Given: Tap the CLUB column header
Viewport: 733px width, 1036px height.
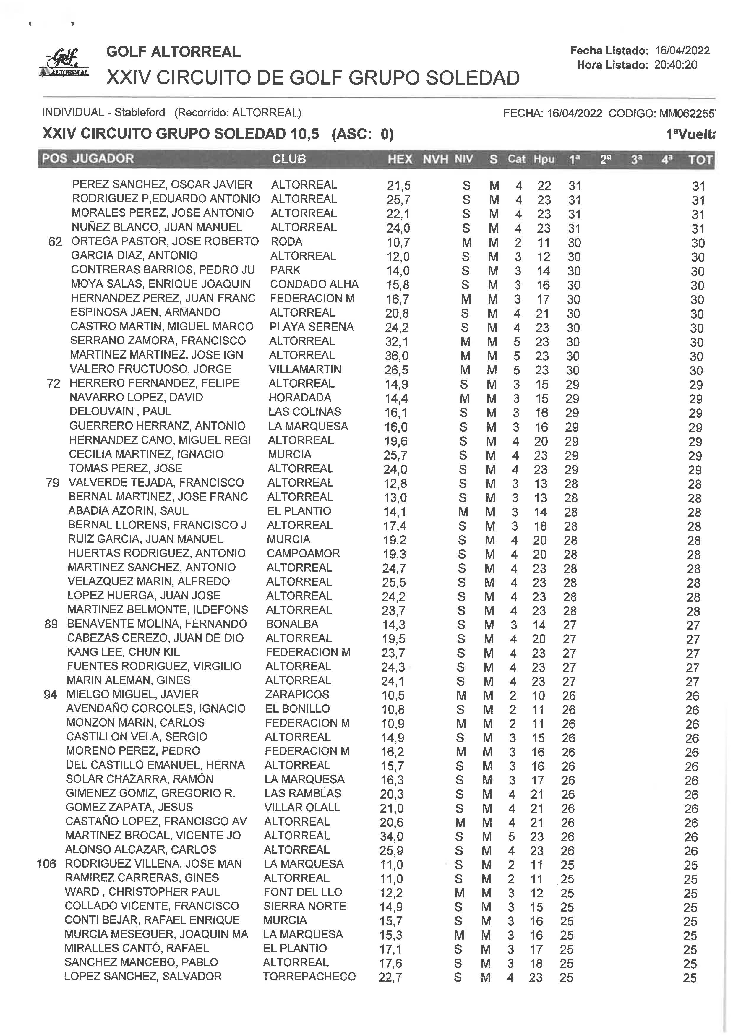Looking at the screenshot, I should (289, 159).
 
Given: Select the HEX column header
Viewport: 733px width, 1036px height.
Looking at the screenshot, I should (399, 159).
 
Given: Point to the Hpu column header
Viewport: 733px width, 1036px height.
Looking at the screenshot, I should (544, 159).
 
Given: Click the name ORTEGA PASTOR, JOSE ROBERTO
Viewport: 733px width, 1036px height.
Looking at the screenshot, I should (165, 241).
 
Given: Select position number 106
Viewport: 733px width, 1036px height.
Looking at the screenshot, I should (46, 864).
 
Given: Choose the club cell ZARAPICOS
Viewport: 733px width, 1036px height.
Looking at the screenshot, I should (297, 694).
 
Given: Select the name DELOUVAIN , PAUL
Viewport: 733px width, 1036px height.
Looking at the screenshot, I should (120, 412).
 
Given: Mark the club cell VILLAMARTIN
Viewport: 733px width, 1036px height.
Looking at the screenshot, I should (305, 369).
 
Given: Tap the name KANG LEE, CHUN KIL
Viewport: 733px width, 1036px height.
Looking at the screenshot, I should (123, 652).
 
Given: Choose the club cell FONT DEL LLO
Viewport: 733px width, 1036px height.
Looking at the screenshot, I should (303, 892).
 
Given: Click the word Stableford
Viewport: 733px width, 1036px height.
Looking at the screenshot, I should (140, 112).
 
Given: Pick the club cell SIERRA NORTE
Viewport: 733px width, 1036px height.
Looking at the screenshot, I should (305, 906).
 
